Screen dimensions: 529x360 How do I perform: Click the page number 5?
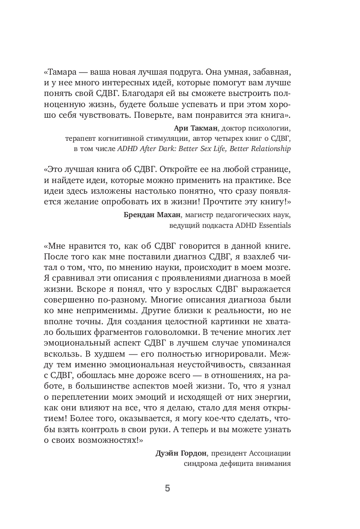(167, 488)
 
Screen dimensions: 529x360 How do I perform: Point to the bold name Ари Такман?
(196, 128)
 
